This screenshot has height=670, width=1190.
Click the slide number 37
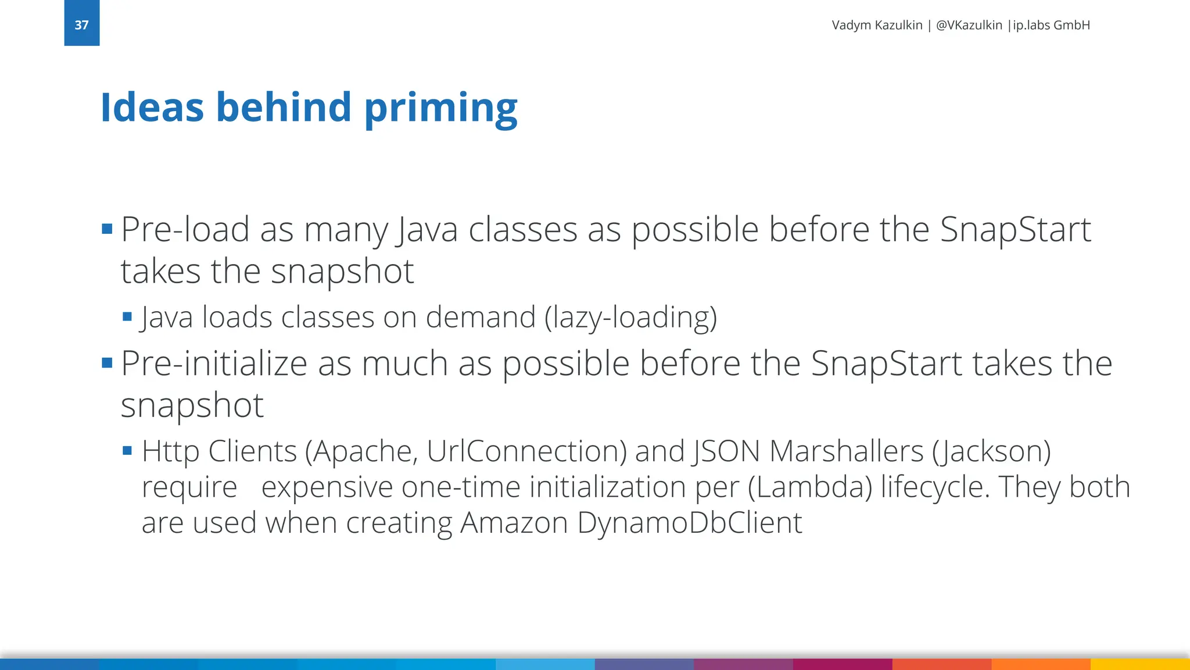point(81,25)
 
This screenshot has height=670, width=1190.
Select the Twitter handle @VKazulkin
point(969,25)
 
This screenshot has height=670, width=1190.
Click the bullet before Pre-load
point(107,229)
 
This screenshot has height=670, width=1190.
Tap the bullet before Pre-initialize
point(107,363)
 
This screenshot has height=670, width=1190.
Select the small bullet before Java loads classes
point(128,317)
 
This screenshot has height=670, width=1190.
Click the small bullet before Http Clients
point(128,450)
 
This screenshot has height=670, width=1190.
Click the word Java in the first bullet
point(427,230)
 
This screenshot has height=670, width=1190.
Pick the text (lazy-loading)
point(630,318)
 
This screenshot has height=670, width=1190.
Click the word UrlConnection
point(526,451)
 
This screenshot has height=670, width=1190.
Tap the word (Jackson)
point(991,451)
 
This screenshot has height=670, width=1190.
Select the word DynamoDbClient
point(690,522)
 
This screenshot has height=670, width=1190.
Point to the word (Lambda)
point(810,487)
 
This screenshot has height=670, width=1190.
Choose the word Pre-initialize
point(214,364)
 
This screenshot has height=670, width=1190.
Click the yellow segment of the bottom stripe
point(1140,664)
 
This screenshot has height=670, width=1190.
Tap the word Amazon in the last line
point(514,522)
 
